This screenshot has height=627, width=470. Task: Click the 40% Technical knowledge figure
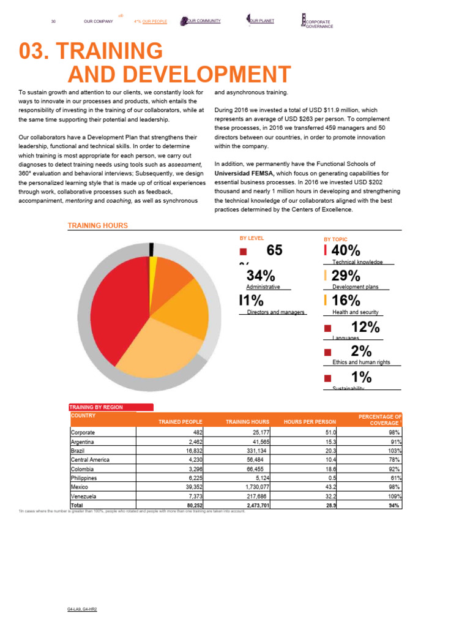coord(346,250)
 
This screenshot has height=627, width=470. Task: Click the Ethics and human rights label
coord(361,362)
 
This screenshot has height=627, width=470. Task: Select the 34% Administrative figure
coord(260,276)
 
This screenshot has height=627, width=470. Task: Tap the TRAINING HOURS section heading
coord(98,225)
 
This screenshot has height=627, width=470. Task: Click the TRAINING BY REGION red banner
coord(111,407)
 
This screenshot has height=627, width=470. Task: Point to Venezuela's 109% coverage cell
coord(394,496)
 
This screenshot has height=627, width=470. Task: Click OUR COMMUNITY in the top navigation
coord(203,21)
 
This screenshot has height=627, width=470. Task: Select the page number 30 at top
coord(54,22)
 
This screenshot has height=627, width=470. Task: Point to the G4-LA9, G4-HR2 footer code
coord(83,610)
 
